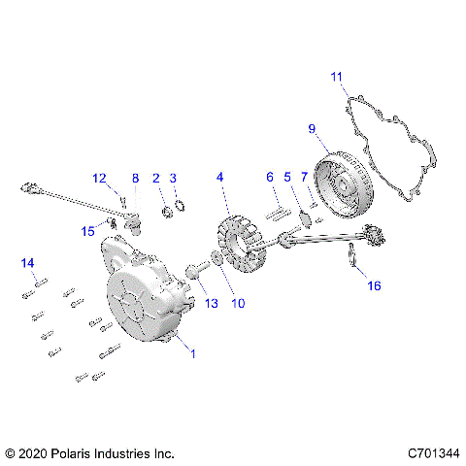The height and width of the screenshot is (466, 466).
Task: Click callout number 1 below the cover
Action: pos(192,353)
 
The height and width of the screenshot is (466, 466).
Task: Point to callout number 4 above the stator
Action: pos(220,178)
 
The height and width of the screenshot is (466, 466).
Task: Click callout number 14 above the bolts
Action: pos(27,263)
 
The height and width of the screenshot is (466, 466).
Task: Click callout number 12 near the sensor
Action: pos(100,178)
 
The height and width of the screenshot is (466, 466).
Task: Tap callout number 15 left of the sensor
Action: pos(88,230)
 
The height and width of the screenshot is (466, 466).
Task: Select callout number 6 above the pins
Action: pos(271,178)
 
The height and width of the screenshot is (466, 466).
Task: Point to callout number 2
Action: pos(155,178)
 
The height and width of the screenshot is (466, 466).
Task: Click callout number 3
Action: pos(173,178)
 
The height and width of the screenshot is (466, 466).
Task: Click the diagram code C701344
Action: pos(432,452)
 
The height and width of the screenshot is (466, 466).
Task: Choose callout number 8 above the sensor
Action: pos(136,178)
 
